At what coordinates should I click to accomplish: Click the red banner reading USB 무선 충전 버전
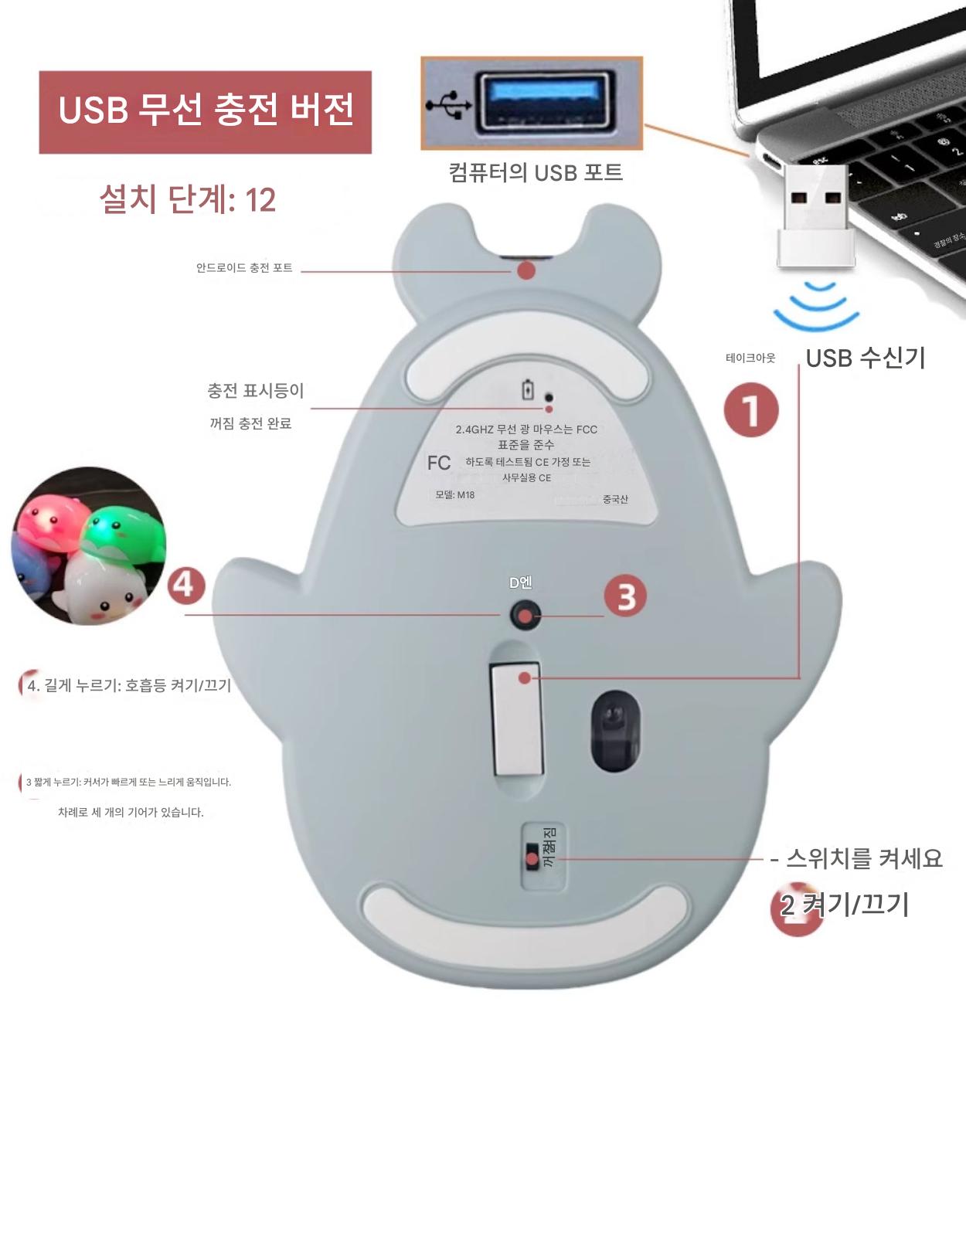[205, 112]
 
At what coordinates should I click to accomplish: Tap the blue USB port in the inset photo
[545, 101]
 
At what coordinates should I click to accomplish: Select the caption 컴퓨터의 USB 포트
[536, 172]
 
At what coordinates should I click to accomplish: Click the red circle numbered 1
[751, 410]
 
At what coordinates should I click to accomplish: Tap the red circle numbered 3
[625, 596]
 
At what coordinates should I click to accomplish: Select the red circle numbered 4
[186, 586]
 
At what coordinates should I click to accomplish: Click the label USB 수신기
[866, 358]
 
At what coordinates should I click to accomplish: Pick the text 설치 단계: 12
[188, 199]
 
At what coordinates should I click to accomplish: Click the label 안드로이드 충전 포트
[244, 267]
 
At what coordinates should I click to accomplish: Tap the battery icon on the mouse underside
[528, 389]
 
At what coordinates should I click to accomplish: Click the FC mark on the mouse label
[439, 463]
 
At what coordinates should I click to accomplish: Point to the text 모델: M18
[454, 495]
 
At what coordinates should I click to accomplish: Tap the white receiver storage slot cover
[516, 718]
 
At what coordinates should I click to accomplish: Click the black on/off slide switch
[532, 855]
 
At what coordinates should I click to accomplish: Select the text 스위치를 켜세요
[864, 858]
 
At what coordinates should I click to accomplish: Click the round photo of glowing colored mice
[89, 545]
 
